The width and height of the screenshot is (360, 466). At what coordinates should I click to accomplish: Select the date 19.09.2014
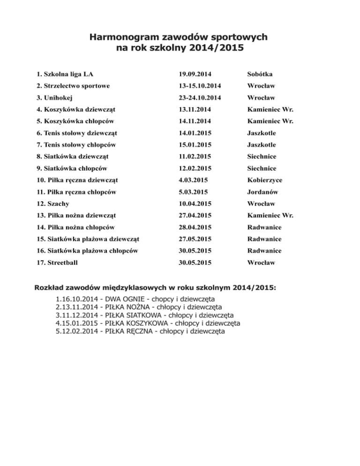[195, 74]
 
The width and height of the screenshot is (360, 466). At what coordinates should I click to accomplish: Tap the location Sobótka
[260, 74]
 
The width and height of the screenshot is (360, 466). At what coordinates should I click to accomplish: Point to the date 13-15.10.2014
[201, 86]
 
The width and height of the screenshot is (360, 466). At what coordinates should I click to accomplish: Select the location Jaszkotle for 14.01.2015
[262, 133]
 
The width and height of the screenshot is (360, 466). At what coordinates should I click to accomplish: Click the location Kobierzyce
[265, 180]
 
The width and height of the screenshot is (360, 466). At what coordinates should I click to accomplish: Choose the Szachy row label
[53, 203]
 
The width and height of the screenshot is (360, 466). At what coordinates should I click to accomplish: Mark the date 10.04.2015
[195, 203]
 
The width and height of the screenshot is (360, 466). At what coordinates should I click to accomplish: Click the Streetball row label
[60, 263]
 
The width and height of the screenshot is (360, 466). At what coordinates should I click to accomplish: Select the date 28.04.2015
[195, 227]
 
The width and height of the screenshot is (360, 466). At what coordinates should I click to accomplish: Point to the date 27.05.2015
[195, 239]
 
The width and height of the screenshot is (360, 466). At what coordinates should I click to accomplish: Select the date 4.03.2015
[193, 180]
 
